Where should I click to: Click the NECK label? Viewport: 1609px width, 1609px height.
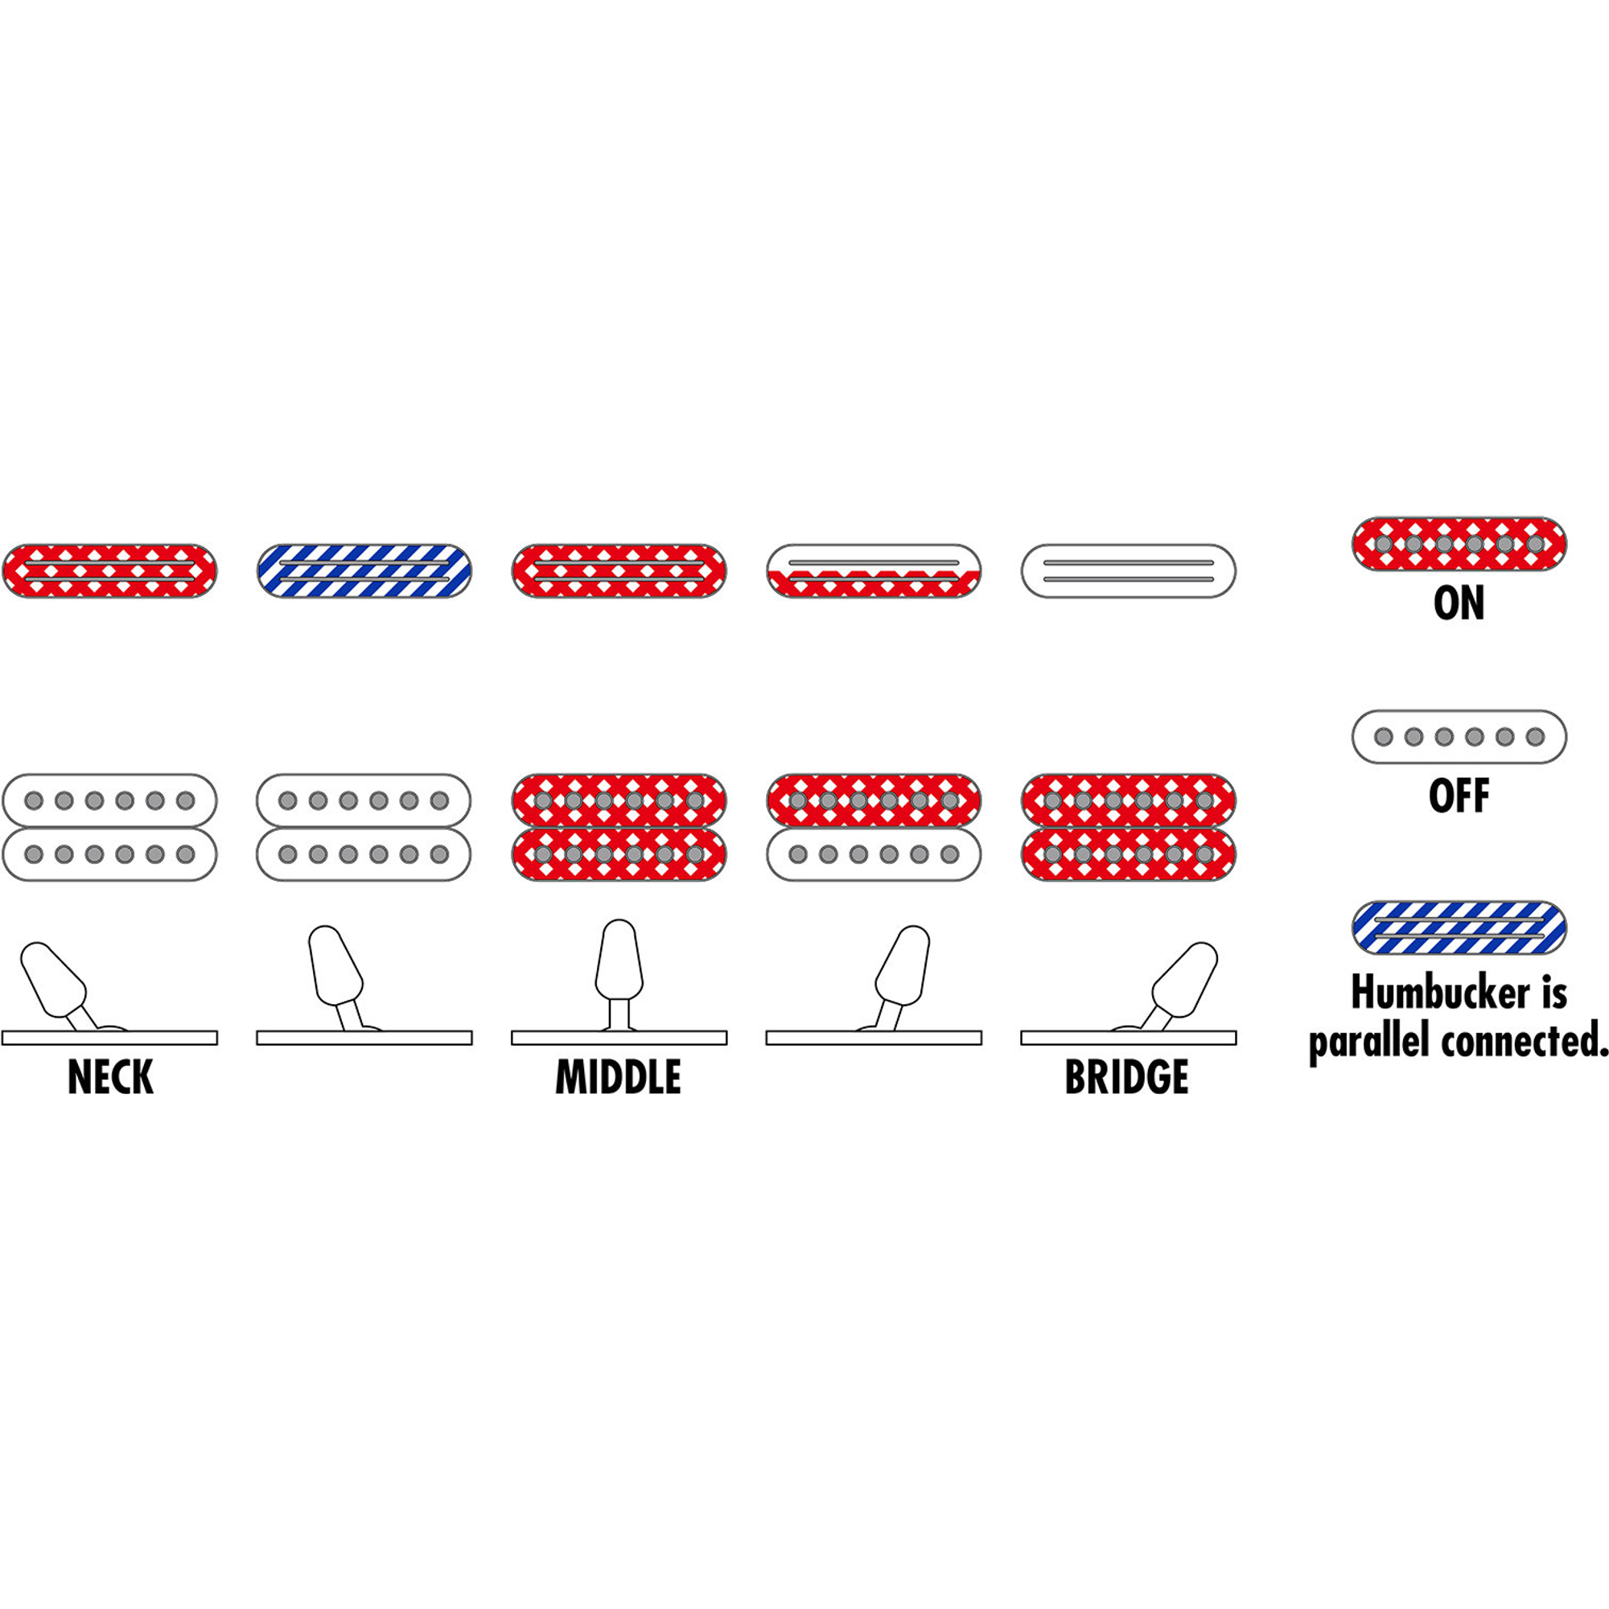point(110,1077)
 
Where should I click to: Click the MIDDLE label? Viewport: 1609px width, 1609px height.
point(618,1077)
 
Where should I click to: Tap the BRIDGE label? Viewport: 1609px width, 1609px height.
point(1127,1077)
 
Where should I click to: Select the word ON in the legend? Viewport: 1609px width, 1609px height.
point(1459,604)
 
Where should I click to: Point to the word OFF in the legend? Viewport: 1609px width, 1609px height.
point(1459,796)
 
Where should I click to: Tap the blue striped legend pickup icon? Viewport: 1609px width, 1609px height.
point(1459,928)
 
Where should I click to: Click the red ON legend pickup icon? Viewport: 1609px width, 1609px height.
point(1459,544)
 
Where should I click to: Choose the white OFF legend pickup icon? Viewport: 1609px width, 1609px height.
point(1459,736)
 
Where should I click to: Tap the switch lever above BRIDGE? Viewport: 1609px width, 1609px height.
point(1183,979)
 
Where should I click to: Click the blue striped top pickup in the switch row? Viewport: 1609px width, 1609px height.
point(364,570)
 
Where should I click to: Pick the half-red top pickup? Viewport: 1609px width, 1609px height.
point(874,570)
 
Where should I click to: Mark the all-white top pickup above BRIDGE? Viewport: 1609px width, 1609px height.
point(1129,570)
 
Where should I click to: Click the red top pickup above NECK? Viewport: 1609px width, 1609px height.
point(110,570)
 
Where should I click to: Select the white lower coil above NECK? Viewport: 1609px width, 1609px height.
point(110,854)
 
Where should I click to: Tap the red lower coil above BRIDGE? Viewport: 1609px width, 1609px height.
point(1129,854)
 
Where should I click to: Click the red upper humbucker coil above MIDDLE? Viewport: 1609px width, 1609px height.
point(619,800)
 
